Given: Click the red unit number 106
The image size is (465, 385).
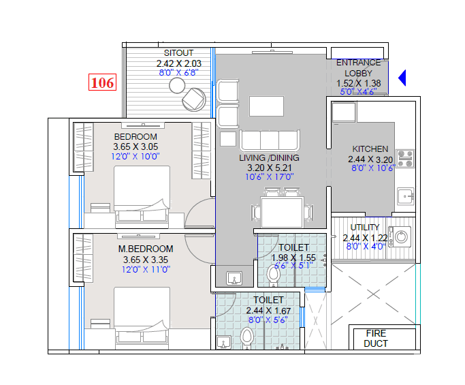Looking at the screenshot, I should click(102, 82).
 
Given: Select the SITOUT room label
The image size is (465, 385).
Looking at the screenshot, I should click(178, 53).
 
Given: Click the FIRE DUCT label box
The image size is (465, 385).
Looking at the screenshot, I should click(376, 339).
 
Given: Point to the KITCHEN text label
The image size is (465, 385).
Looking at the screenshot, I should click(370, 149).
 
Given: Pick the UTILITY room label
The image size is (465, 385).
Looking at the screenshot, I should click(365, 228).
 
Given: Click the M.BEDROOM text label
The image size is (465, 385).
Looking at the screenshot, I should click(145, 249).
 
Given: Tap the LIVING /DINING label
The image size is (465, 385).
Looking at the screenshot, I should click(269, 158).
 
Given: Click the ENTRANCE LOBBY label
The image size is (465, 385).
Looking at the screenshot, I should click(358, 68).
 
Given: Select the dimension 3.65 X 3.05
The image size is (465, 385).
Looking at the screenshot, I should click(135, 147).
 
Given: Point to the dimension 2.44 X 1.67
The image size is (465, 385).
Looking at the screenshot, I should click(268, 310).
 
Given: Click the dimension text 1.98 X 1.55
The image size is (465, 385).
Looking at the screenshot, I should click(294, 258).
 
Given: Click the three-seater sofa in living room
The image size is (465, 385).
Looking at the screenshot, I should click(270, 140).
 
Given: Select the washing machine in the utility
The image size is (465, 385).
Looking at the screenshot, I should click(402, 236).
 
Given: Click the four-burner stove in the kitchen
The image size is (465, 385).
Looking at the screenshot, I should click(405, 159).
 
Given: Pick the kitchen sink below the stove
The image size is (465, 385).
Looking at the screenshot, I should click(406, 196).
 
